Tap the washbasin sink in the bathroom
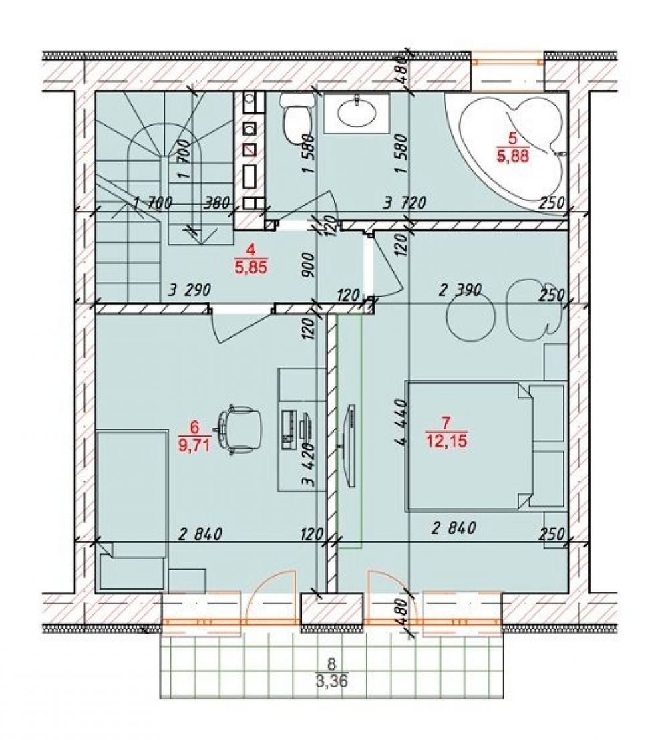[x=357, y=113]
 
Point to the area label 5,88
[x=513, y=156]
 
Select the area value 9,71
[x=195, y=444]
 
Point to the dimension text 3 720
[x=405, y=203]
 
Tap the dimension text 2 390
[x=460, y=290]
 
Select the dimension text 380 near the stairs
[x=218, y=203]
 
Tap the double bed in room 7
[x=488, y=446]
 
